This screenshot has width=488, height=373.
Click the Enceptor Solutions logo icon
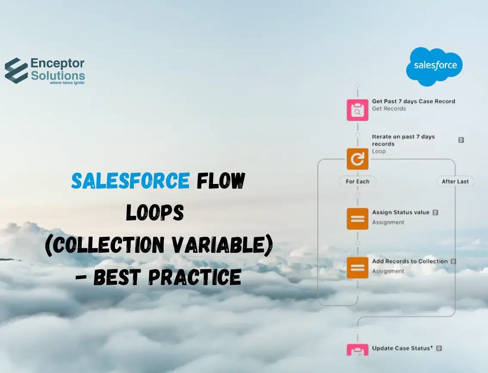16,70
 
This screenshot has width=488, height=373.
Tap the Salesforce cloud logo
434,66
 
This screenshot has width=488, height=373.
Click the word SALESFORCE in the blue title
130,181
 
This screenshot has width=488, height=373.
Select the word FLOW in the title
221,181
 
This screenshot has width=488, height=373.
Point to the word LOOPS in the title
155,213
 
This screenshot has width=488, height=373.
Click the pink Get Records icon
357,110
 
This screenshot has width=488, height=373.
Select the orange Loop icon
357,159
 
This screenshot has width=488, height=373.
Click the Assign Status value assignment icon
357,218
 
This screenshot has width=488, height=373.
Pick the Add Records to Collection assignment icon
357,267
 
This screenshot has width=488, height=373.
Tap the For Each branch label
357,181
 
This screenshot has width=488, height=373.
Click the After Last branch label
455,181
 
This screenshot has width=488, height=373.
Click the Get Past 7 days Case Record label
413,101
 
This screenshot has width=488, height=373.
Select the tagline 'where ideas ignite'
67,82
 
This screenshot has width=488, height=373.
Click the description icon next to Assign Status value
435,212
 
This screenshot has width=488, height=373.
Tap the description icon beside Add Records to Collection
453,261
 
